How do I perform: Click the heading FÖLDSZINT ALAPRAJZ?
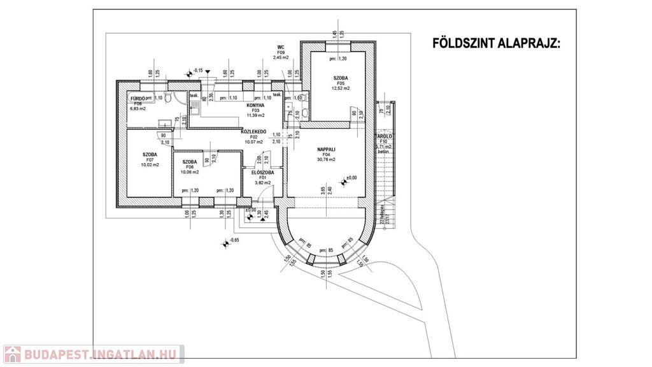497,43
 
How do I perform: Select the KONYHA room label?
255,106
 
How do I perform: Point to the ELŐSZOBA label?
263,172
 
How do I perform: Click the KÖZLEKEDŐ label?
253,131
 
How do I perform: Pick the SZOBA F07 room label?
150,155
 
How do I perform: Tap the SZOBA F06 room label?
190,162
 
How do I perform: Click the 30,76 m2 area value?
326,159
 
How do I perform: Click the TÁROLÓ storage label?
383,136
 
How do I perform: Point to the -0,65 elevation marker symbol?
225,242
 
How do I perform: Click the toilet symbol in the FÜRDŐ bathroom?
168,98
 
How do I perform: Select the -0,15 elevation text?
197,70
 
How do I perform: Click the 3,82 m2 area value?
263,183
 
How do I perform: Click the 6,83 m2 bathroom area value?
138,109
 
